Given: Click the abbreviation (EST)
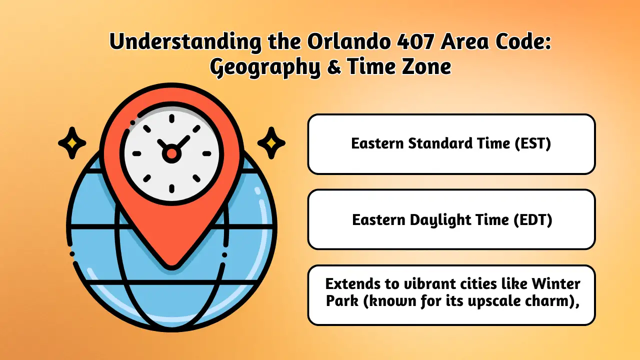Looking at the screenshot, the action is tap(532, 143).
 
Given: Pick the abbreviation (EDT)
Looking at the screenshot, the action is tap(533, 220).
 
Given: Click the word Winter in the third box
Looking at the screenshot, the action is tap(556, 284).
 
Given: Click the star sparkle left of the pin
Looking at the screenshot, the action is tap(72, 143).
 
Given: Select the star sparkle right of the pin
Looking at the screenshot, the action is tap(271, 143).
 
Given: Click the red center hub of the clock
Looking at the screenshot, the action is tap(171, 153).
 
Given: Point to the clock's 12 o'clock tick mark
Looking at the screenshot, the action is tap(171, 118).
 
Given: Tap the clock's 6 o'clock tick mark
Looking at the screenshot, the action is tap(171, 189).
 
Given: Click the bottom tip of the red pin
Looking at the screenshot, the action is tap(171, 268).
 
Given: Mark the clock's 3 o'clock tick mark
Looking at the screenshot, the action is tap(206, 153).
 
